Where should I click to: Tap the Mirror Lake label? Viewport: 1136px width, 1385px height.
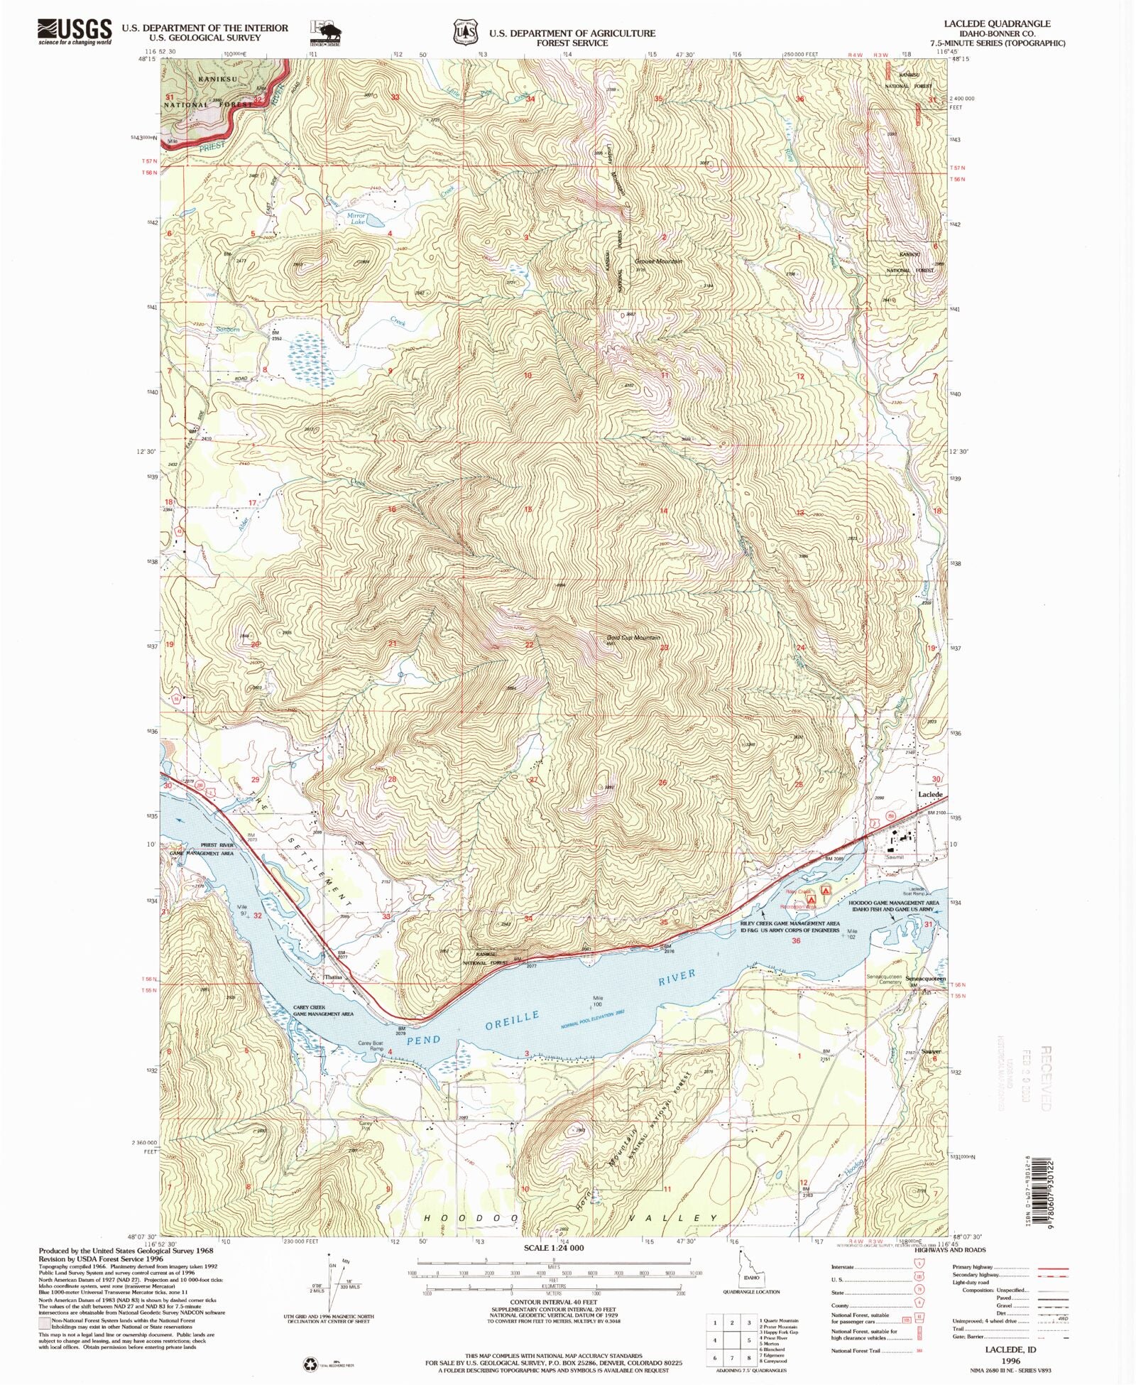tap(356, 218)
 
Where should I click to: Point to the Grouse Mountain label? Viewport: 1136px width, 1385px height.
tap(658, 261)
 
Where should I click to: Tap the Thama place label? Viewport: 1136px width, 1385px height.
tap(333, 977)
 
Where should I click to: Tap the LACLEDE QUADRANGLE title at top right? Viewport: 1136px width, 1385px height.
tap(1007, 23)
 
